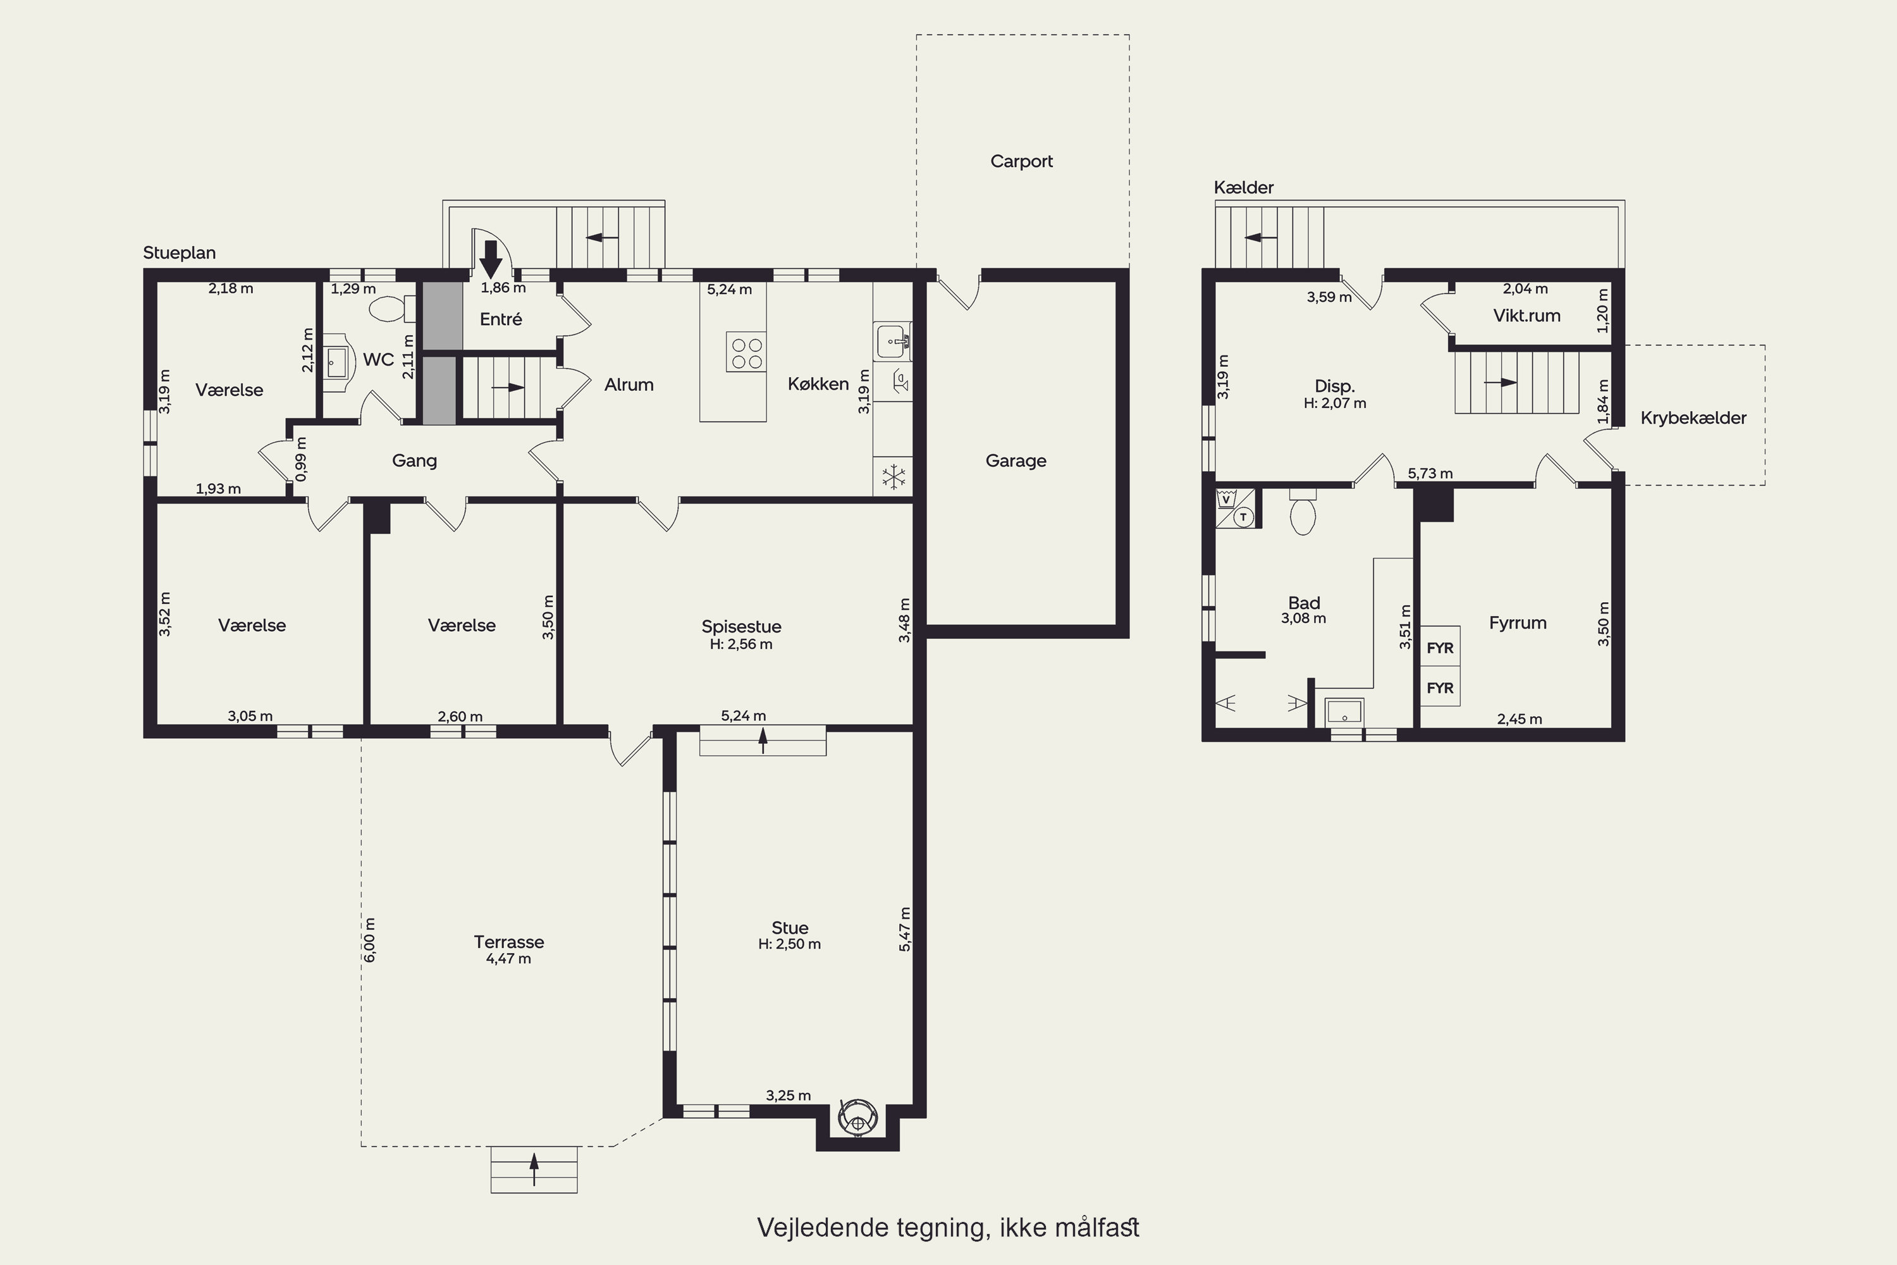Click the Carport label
point(1021,161)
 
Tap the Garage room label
point(1016,460)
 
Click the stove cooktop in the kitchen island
point(746,352)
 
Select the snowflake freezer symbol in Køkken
point(893,477)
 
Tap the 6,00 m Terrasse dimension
point(370,940)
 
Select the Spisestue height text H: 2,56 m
point(740,645)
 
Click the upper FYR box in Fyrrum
point(1440,647)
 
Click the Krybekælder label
point(1693,418)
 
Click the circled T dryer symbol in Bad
point(1244,517)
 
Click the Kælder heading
point(1244,187)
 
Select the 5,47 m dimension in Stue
point(904,929)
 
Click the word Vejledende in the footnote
point(823,1227)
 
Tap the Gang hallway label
point(415,460)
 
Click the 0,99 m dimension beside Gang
point(301,459)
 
